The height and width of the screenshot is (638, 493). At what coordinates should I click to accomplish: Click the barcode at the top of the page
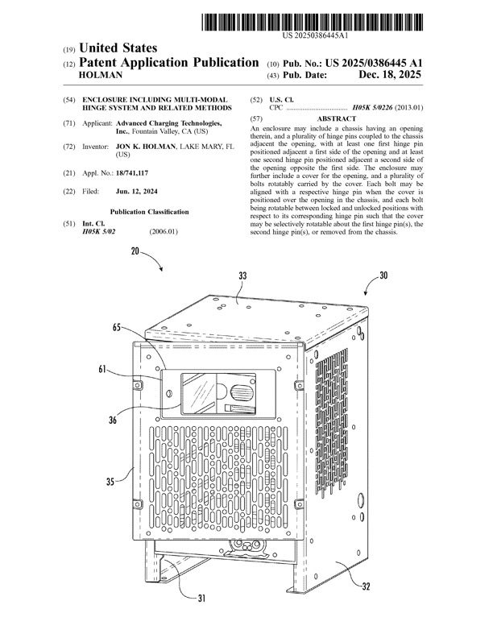(312, 22)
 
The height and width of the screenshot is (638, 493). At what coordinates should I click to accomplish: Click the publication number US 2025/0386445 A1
(374, 63)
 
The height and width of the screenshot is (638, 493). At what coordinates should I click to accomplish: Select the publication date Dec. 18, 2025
(390, 74)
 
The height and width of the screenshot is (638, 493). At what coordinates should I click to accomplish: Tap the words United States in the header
(118, 48)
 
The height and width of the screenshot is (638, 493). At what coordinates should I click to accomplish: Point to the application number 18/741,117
(132, 173)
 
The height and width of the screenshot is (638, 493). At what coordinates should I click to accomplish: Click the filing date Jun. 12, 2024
(137, 191)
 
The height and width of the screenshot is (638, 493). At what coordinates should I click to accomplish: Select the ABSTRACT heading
(337, 118)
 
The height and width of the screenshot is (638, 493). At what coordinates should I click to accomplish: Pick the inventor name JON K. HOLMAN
(146, 147)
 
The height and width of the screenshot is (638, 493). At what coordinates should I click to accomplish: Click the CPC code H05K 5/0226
(372, 108)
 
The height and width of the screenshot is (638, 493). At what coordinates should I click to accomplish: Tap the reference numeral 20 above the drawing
(135, 251)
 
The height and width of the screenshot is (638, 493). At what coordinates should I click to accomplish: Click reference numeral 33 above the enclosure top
(242, 275)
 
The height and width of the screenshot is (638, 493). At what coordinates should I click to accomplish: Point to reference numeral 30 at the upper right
(383, 275)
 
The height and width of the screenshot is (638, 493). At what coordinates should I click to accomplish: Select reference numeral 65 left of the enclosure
(117, 327)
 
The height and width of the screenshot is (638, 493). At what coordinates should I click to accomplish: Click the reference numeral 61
(102, 369)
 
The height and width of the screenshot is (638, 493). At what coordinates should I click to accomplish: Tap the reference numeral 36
(113, 420)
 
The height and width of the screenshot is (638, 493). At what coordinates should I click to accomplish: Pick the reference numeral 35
(110, 482)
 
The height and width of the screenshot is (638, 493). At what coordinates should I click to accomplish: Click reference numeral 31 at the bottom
(201, 598)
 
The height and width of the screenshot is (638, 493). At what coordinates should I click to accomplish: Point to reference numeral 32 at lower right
(366, 586)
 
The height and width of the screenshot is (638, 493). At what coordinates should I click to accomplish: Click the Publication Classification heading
(149, 212)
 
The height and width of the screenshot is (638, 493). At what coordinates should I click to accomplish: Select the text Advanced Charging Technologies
(169, 123)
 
